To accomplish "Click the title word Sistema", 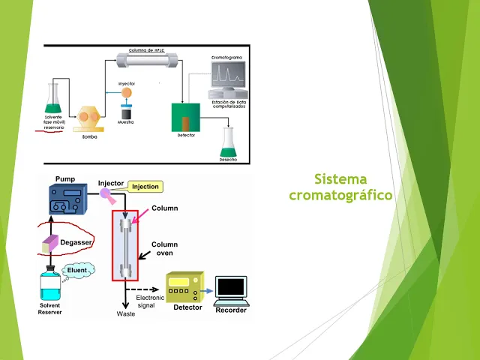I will coord(340,179).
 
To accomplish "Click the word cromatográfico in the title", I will coord(340,195).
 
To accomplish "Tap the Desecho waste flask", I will coord(229,142).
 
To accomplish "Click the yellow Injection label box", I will coord(145,187).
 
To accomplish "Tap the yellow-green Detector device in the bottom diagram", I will coord(184,286).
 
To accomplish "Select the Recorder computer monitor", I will coord(230,288).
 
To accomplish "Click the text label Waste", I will coord(125,313).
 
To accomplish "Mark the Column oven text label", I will coord(164,249).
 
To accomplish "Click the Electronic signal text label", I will coord(150,301).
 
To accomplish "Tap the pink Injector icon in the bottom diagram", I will coord(108,194).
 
